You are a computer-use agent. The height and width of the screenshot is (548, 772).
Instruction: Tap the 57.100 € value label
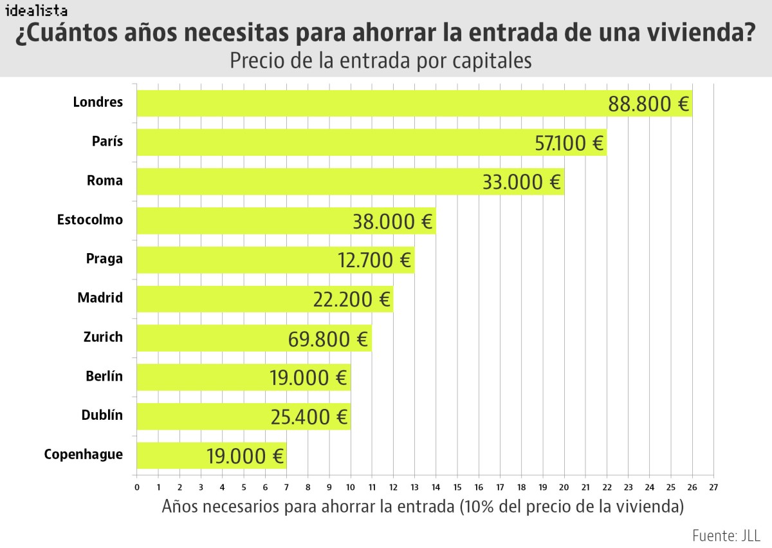(x=570, y=143)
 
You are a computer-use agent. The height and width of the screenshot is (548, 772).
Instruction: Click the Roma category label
(x=105, y=181)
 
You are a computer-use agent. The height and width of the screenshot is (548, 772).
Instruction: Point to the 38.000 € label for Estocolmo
(x=392, y=222)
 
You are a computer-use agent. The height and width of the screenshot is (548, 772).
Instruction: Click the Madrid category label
(x=100, y=298)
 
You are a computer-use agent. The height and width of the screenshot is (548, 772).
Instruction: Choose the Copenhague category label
(x=84, y=455)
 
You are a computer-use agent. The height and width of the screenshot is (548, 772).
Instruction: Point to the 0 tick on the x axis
(x=136, y=487)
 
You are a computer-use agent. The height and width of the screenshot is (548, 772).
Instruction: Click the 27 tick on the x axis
(x=713, y=487)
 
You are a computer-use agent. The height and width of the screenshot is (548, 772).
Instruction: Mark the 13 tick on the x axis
(x=414, y=487)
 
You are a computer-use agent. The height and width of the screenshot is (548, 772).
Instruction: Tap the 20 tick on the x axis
(x=564, y=487)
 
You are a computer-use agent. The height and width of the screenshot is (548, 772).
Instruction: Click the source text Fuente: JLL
(x=726, y=536)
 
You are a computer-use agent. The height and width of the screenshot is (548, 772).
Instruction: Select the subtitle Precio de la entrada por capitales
(x=381, y=61)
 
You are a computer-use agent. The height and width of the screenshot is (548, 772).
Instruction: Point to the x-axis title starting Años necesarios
(x=423, y=507)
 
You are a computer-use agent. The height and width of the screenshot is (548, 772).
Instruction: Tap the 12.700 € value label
(x=374, y=261)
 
